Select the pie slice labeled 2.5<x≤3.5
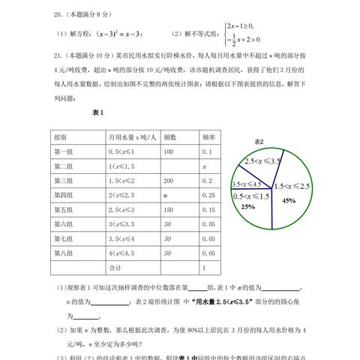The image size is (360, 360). click(261, 161)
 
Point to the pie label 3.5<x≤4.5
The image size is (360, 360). click(247, 185)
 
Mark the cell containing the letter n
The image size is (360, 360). click(202, 166)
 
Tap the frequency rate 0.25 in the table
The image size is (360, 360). click(205, 195)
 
